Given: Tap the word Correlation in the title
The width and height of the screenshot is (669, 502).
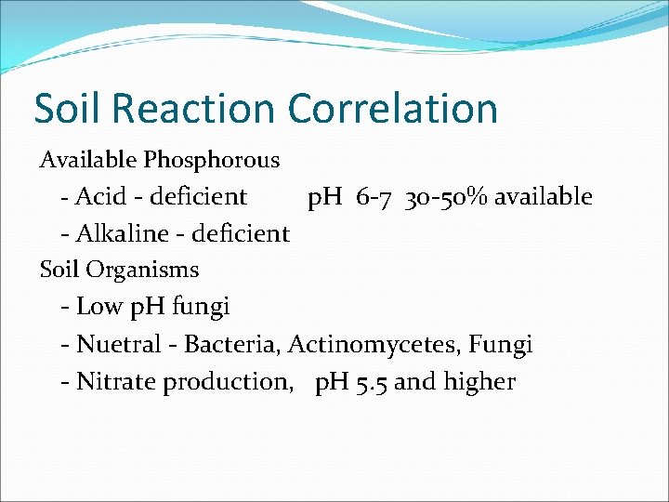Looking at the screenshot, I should pos(393,108).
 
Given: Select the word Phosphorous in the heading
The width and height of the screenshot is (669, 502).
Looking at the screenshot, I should pos(211,160).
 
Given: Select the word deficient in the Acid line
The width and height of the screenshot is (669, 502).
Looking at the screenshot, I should pos(198,196).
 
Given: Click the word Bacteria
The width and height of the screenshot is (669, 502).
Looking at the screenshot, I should pos(231,344).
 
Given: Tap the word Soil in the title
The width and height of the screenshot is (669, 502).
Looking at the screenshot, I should pos(68,108).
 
